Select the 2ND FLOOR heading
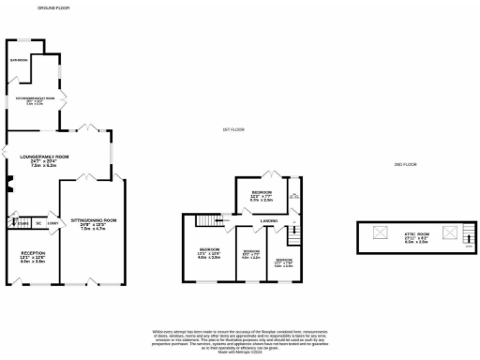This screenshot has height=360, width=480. pyautogui.click(x=406, y=164)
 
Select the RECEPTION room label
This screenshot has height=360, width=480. pyautogui.click(x=33, y=258)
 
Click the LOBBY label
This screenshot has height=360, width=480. pyautogui.click(x=52, y=223)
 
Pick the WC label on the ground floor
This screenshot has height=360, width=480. pyautogui.click(x=38, y=223)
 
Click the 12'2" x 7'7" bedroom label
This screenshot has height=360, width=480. pyautogui.click(x=262, y=196)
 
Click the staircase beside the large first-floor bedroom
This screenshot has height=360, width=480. pyautogui.click(x=225, y=220)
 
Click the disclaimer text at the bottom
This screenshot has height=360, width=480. pyautogui.click(x=239, y=338)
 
